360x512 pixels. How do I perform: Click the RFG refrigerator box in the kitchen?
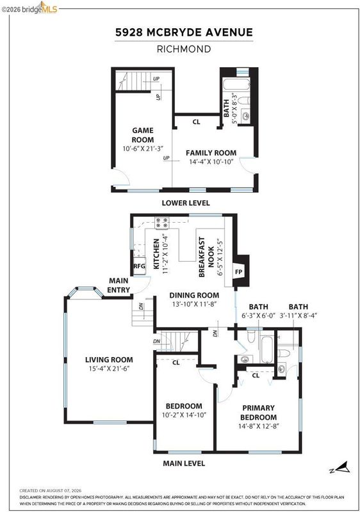(x=139, y=266)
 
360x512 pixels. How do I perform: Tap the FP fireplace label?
(x=238, y=271)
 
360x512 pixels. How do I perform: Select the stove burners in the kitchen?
(x=162, y=222)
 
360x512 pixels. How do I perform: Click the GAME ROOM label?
(x=143, y=135)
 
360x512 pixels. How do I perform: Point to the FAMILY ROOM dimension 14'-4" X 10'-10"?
(x=211, y=161)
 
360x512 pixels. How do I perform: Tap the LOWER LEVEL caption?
(x=186, y=203)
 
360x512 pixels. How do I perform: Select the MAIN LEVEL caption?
(x=184, y=463)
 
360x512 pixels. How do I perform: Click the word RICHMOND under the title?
(x=184, y=49)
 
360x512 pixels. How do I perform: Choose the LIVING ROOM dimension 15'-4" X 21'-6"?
(x=109, y=369)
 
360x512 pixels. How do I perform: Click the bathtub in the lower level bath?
(x=236, y=84)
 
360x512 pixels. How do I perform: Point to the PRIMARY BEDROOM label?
(x=258, y=412)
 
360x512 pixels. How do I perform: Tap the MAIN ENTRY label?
(x=119, y=285)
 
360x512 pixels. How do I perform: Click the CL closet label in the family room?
(x=196, y=122)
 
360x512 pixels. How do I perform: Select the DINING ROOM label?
(x=194, y=295)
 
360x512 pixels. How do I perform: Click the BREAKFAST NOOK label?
(x=206, y=257)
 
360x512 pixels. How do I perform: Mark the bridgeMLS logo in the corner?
(x=29, y=8)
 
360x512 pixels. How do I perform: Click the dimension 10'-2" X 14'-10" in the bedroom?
(x=184, y=415)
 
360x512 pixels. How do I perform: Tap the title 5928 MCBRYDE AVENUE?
(x=184, y=33)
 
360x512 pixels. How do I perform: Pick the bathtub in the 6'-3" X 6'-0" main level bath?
(x=267, y=349)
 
